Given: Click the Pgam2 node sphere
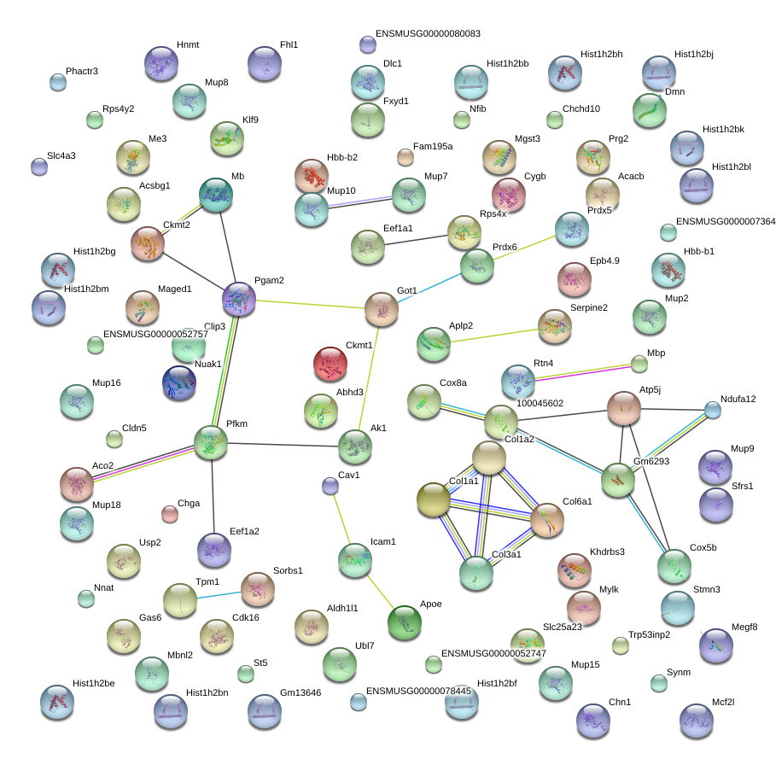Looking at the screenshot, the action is [x=239, y=299].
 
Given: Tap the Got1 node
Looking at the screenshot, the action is [x=382, y=310].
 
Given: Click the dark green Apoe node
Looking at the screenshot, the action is [x=404, y=622].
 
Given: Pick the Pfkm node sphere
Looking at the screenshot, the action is [x=211, y=441].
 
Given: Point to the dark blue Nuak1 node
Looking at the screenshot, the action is [x=179, y=382].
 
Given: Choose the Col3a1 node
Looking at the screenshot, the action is [x=476, y=573].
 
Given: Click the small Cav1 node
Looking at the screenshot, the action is [x=330, y=487].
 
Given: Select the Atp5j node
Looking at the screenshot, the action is [x=624, y=409].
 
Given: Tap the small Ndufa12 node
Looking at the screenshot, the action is [x=713, y=411].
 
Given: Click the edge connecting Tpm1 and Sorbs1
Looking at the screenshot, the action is [x=218, y=594].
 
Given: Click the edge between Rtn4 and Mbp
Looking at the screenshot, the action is [x=581, y=372].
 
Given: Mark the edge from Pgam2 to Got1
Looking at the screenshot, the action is [x=311, y=305].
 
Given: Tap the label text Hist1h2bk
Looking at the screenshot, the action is [x=723, y=130].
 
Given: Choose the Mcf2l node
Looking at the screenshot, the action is [x=696, y=721].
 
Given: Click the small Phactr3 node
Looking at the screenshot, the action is [x=58, y=82].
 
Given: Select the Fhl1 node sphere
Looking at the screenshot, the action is [x=265, y=64].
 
